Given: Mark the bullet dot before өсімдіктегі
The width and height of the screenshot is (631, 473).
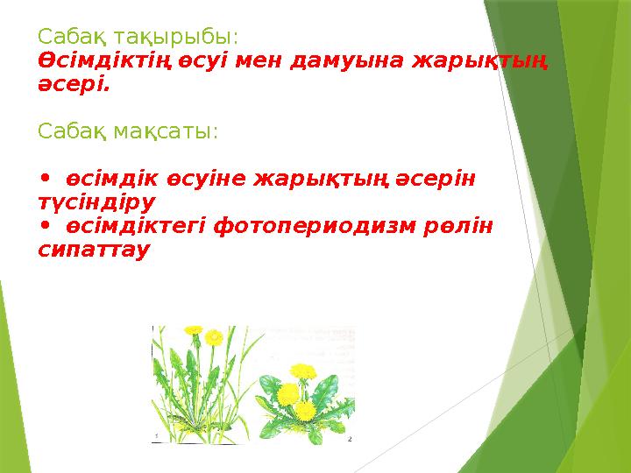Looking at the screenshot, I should pyautogui.click(x=46, y=226).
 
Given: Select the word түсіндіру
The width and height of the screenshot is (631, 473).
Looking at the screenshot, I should pyautogui.click(x=96, y=202).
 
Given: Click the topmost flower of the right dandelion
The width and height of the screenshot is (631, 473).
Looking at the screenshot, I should pyautogui.click(x=303, y=370).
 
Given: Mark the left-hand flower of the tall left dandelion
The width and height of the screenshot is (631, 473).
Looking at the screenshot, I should pyautogui.click(x=194, y=331).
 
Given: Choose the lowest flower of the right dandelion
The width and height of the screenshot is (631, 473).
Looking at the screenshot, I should pyautogui.click(x=306, y=410).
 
